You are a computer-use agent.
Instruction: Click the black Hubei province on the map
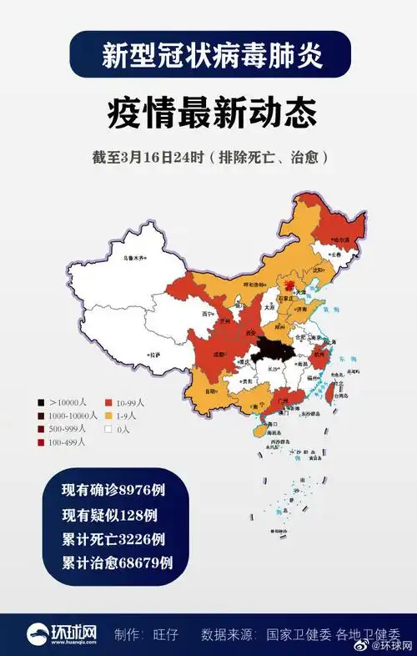click(x=271, y=351)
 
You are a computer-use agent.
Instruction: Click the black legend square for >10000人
click(x=40, y=401)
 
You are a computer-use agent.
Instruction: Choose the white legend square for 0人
click(x=108, y=429)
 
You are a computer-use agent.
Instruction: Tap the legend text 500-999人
click(x=68, y=429)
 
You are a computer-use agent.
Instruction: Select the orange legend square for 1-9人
click(x=108, y=415)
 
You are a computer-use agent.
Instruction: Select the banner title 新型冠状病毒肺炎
click(x=208, y=54)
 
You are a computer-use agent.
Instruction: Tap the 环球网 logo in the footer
click(x=58, y=633)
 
